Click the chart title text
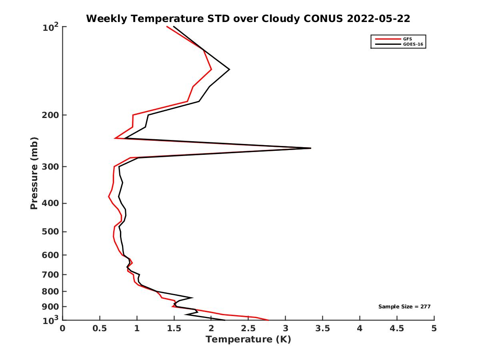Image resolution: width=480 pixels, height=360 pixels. pyautogui.click(x=248, y=18)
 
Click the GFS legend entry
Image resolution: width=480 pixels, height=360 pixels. pyautogui.click(x=407, y=39)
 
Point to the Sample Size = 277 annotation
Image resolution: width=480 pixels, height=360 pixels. pyautogui.click(x=404, y=307)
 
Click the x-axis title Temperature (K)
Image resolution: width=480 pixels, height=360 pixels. pyautogui.click(x=248, y=340)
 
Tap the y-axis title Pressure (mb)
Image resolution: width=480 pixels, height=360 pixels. pyautogui.click(x=34, y=173)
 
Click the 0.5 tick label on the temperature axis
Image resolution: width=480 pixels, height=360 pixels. pyautogui.click(x=100, y=328)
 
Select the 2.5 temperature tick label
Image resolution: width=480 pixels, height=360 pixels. pyautogui.click(x=248, y=328)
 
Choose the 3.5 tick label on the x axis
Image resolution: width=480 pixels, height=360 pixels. pyautogui.click(x=323, y=328)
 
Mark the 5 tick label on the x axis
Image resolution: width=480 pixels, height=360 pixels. pyautogui.click(x=434, y=328)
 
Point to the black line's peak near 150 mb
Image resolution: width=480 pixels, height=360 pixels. pyautogui.click(x=229, y=70)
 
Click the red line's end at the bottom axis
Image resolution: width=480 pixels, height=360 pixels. pyautogui.click(x=268, y=320)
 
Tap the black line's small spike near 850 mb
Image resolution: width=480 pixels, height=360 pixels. pyautogui.click(x=193, y=298)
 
